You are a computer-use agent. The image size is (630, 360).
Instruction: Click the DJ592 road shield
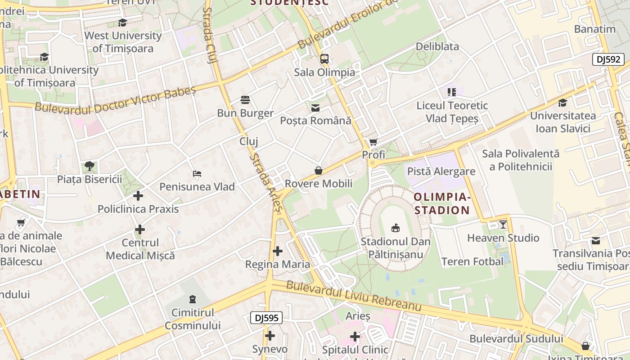pyautogui.click(x=608, y=59)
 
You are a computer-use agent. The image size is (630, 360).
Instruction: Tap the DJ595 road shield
pyautogui.click(x=266, y=318)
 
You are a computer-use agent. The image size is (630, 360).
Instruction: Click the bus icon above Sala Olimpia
pyautogui.click(x=324, y=58)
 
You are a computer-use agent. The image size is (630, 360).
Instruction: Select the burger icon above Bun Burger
pyautogui.click(x=245, y=99)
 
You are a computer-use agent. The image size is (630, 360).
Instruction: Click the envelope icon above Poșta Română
pyautogui.click(x=315, y=108)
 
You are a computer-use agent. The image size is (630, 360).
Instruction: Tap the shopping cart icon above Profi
pyautogui.click(x=373, y=142)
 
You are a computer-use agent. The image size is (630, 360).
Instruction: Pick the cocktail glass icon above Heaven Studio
pyautogui.click(x=503, y=224)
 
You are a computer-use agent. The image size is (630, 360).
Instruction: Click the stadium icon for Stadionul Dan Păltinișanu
pyautogui.click(x=396, y=228)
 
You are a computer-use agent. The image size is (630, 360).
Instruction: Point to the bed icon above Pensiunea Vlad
pyautogui.click(x=197, y=173)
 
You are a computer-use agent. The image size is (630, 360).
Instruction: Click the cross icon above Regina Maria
pyautogui.click(x=278, y=251)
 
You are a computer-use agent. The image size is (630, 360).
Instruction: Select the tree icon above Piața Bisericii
pyautogui.click(x=90, y=166)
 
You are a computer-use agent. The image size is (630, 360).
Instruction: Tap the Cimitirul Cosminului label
pyautogui.click(x=193, y=319)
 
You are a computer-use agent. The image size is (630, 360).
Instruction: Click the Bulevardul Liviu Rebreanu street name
pyautogui.click(x=354, y=296)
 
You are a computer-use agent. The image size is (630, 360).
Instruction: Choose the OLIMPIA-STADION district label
pyautogui.click(x=441, y=203)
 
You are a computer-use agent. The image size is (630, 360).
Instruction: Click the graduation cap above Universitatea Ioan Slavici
pyautogui.click(x=562, y=103)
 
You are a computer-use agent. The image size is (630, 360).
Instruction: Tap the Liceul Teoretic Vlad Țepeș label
pyautogui.click(x=452, y=112)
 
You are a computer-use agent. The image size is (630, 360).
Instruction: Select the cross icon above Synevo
pyautogui.click(x=270, y=335)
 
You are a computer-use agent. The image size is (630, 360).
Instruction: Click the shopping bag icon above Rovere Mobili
pyautogui.click(x=319, y=171)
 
